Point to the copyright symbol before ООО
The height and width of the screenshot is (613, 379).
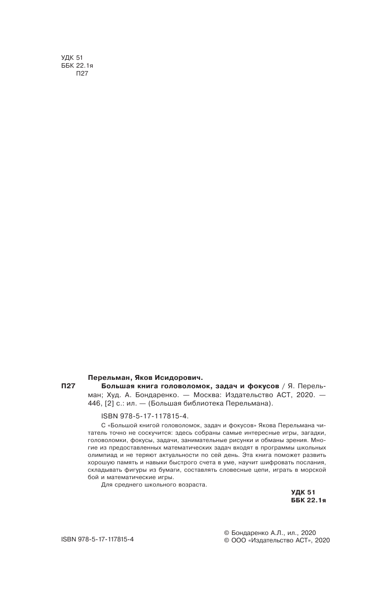[227, 540]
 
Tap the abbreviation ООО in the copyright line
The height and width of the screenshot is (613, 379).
[239, 540]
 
